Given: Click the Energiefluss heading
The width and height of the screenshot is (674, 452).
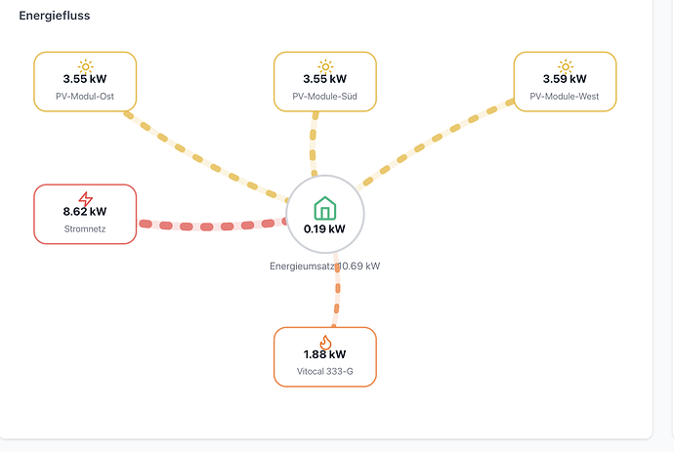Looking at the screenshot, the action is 55,16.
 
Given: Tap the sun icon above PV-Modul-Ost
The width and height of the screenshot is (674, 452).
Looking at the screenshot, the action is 86,66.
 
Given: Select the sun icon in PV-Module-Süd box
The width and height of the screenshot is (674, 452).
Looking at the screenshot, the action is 325,66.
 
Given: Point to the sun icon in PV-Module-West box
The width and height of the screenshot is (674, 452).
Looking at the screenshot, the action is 566,66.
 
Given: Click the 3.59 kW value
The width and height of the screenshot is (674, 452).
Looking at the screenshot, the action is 565,79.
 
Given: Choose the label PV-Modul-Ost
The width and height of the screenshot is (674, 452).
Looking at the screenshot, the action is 85,97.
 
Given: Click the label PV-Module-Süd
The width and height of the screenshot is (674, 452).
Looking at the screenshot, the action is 324,97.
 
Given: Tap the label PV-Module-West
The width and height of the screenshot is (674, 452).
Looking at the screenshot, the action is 564,97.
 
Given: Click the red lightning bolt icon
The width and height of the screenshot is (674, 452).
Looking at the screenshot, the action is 86,199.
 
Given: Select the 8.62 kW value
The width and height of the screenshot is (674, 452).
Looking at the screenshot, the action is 85,212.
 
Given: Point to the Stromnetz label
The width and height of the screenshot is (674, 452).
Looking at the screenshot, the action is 85,229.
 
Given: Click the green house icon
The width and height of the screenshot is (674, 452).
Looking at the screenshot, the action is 325,208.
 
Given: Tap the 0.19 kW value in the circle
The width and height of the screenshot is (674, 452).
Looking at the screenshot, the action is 324,229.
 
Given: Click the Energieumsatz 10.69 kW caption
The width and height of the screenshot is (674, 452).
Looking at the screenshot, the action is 324,266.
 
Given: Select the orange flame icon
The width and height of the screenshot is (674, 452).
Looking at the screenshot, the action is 325,343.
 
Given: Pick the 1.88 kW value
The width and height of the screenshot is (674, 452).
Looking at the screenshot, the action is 324,354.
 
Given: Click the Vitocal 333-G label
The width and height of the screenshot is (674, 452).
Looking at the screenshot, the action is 324,371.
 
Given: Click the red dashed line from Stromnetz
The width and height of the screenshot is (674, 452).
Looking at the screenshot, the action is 212,226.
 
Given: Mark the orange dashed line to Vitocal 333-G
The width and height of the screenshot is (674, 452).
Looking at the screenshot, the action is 337,289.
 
